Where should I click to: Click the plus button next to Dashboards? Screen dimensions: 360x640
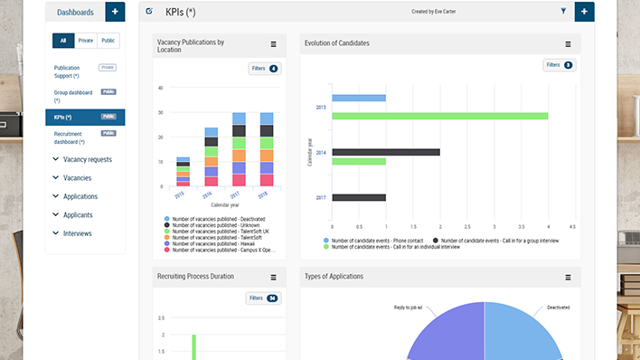tap(115, 12)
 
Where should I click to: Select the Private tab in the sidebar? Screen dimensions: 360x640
tap(86, 41)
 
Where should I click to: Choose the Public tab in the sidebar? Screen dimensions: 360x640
tap(108, 41)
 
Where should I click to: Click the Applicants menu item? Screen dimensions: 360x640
tap(77, 214)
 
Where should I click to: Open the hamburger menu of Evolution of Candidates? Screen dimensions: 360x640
tap(568, 44)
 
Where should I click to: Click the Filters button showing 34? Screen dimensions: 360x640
tap(262, 298)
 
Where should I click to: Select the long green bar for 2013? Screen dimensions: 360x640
tap(440, 116)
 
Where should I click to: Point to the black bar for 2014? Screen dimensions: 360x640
tap(386, 152)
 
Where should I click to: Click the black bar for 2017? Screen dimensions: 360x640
tap(359, 197)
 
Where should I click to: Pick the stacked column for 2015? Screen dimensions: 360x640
tap(183, 171)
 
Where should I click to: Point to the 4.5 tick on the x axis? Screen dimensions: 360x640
tap(572, 227)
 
